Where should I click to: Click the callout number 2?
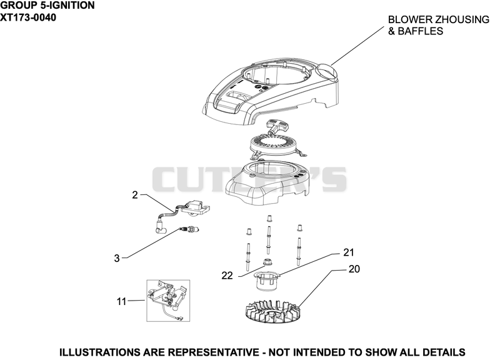(x=135, y=195)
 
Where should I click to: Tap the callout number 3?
(x=117, y=258)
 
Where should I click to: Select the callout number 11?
(x=121, y=301)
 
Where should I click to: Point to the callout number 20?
(x=354, y=269)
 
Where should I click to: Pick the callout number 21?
(x=349, y=252)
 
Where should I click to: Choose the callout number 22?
(x=227, y=276)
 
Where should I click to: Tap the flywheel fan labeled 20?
(x=273, y=311)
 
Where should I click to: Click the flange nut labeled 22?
(x=267, y=263)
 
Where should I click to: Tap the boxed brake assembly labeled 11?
(x=168, y=301)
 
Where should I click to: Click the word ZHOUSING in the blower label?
(x=462, y=20)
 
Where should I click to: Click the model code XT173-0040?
(x=28, y=17)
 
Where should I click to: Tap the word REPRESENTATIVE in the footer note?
(x=213, y=352)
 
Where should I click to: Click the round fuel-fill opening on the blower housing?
(x=326, y=68)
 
